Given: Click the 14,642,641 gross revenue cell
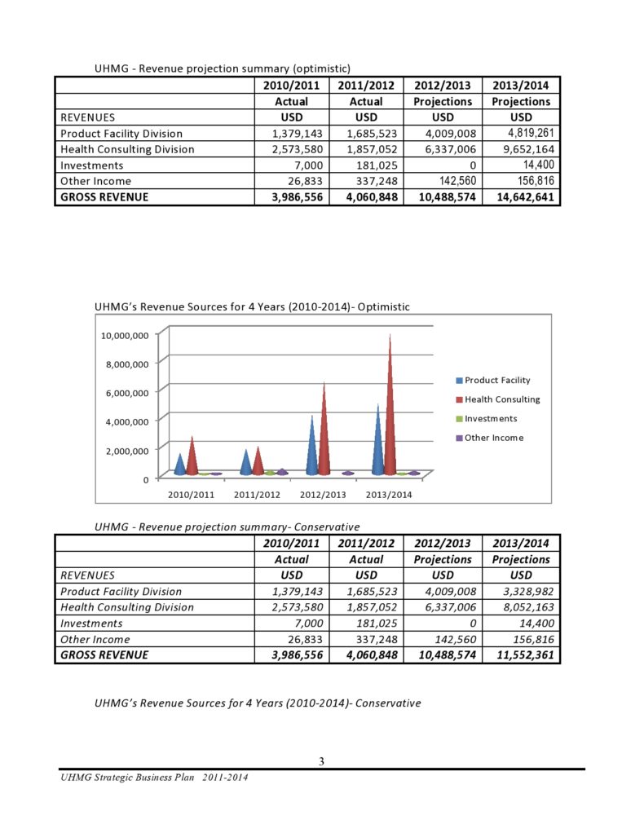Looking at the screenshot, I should pos(522,196).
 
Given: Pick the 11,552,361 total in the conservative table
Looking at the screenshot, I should pos(522,654).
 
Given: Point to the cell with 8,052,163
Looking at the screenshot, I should pos(522,607).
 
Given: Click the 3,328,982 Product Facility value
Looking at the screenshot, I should pos(522,591).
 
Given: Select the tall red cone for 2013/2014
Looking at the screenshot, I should pos(390,408).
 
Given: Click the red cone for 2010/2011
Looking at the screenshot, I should pos(192,456).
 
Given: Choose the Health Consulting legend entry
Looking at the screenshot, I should pos(501,399).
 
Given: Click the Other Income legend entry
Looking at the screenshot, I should pos(493,438).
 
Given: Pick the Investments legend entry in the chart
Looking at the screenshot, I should pos(490,418).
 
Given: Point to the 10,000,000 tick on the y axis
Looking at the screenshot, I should pos(125,335).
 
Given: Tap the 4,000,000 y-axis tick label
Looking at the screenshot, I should pos(127,421).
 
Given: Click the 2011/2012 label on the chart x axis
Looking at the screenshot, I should pos(258,495).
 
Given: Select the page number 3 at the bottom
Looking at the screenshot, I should pos(321,761).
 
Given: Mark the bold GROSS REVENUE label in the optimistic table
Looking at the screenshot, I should pos(104,196).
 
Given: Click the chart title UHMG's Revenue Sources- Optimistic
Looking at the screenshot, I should pos(252,306).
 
